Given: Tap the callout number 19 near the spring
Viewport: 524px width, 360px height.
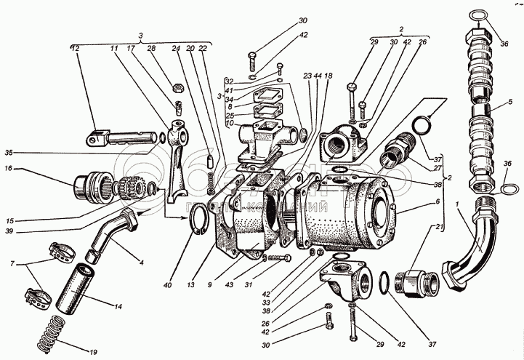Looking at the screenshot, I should (93, 353).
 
